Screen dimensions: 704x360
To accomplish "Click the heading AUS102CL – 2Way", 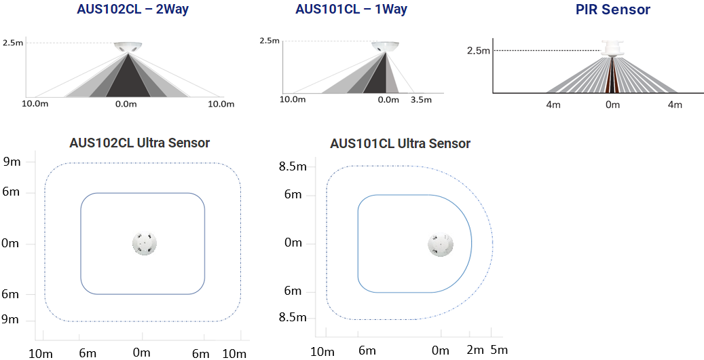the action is pyautogui.click(x=133, y=9).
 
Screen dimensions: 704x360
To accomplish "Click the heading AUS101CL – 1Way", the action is pyautogui.click(x=351, y=9).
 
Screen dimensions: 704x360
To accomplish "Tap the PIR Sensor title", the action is pyautogui.click(x=613, y=10).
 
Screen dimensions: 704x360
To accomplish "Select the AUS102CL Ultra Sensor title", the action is pyautogui.click(x=140, y=143).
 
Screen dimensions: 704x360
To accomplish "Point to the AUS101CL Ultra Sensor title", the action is pyautogui.click(x=400, y=143).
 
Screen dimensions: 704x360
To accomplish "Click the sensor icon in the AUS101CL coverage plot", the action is pyautogui.click(x=439, y=245).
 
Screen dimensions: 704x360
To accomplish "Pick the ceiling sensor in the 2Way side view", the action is pyautogui.click(x=128, y=47).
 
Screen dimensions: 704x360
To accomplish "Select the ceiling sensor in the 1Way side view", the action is pyautogui.click(x=386, y=46).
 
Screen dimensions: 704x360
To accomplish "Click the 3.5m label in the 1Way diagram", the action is pyautogui.click(x=421, y=100).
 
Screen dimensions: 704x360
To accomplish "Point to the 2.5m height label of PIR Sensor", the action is pyautogui.click(x=479, y=50).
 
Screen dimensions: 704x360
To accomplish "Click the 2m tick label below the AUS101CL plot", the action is pyautogui.click(x=475, y=350).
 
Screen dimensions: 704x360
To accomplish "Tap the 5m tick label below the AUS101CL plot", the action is pyautogui.click(x=499, y=350).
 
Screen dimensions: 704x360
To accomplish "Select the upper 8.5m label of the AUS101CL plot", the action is pyautogui.click(x=293, y=166).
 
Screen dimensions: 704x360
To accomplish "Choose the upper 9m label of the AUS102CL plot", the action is pyautogui.click(x=12, y=162).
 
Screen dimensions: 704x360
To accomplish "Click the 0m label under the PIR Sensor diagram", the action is pyautogui.click(x=612, y=105).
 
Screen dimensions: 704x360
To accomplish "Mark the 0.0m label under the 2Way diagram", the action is pyautogui.click(x=126, y=105).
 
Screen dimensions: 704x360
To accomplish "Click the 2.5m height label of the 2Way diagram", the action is pyautogui.click(x=13, y=43).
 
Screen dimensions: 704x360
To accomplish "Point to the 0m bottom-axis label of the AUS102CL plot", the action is pyautogui.click(x=142, y=353).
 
